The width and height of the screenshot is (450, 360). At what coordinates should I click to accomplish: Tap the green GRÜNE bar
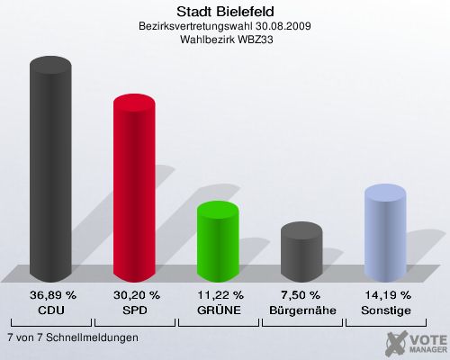[x=217, y=241]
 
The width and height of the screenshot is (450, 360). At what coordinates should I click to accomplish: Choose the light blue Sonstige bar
[x=384, y=234]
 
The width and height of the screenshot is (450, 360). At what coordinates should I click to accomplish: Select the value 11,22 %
[x=218, y=295]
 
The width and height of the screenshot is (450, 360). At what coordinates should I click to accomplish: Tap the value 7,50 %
[x=301, y=295]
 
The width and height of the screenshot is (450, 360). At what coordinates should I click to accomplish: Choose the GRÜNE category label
[x=218, y=310]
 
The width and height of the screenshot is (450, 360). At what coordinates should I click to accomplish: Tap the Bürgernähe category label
[x=301, y=310]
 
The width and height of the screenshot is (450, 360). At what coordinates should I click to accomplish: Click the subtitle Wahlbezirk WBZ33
[x=225, y=40]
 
